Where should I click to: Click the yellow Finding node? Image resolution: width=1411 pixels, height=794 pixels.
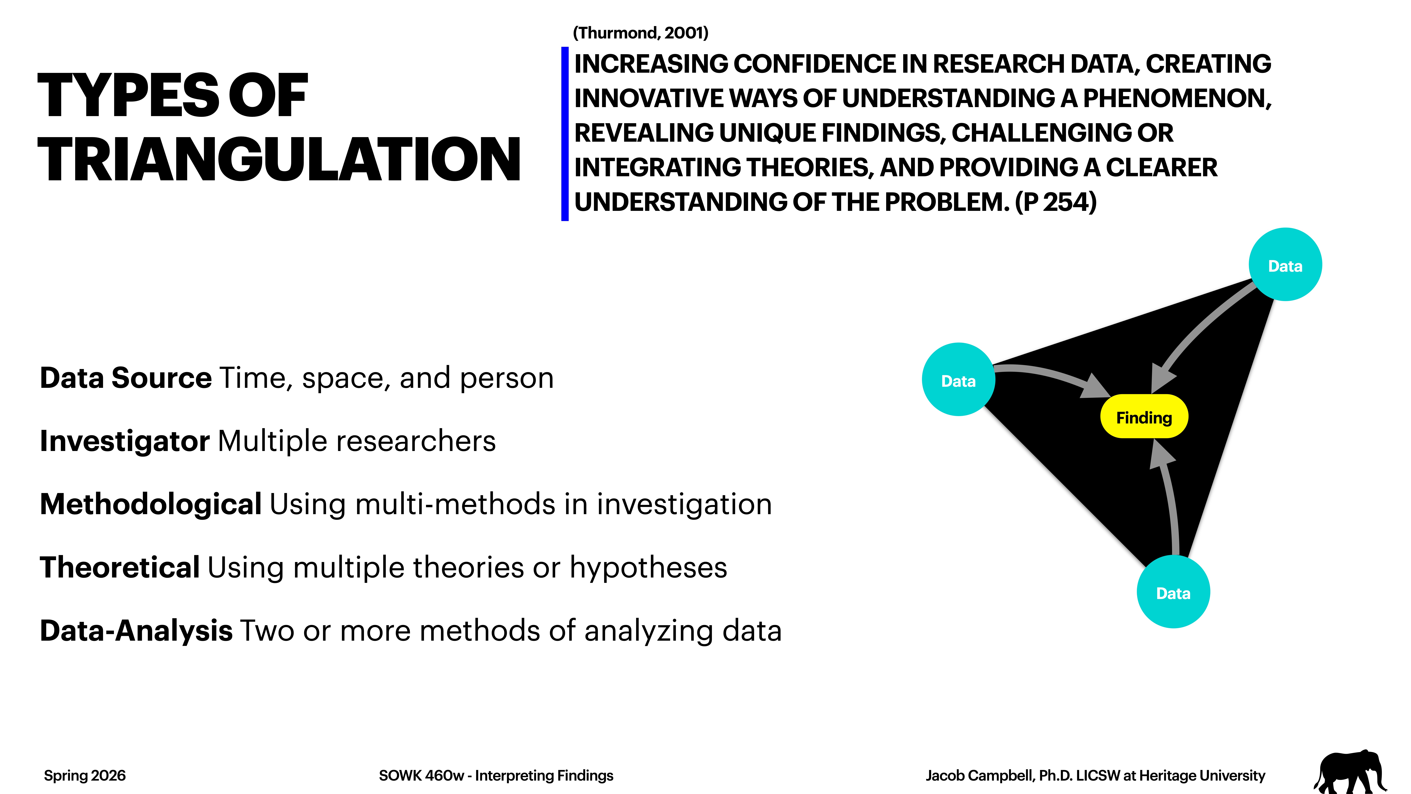click(x=1144, y=417)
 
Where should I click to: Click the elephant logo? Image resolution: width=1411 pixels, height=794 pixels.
click(x=1350, y=772)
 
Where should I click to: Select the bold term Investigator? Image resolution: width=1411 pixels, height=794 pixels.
click(x=124, y=441)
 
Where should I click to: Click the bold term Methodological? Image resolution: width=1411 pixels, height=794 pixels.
click(x=151, y=504)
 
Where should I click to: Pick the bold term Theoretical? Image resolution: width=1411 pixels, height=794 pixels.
click(x=119, y=567)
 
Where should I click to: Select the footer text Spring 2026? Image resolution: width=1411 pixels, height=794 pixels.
click(x=85, y=775)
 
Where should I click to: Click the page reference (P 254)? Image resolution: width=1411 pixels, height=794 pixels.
click(x=1055, y=202)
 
